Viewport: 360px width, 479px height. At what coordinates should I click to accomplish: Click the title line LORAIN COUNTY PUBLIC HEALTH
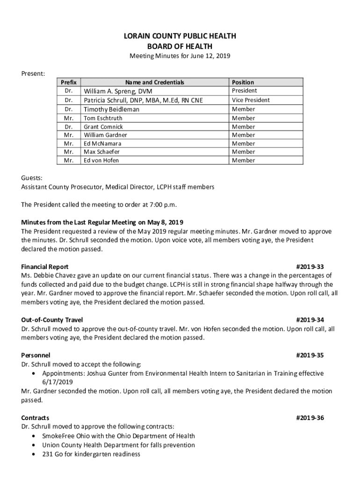[x=180, y=36]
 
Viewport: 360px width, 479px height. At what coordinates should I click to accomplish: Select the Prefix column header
[x=69, y=82]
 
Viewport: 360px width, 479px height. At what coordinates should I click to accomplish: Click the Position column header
[x=243, y=82]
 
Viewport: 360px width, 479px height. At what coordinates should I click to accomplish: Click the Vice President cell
[x=251, y=100]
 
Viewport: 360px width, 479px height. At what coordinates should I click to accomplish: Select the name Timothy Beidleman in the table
[x=111, y=109]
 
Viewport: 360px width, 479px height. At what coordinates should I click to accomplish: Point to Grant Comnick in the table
[x=103, y=127]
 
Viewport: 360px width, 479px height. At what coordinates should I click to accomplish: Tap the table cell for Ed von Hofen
[x=101, y=160]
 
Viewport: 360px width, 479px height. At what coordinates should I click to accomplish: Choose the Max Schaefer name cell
[x=101, y=152]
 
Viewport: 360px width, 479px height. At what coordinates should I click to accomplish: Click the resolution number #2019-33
[x=310, y=267]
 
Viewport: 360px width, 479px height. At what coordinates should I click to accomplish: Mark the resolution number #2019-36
[x=310, y=418]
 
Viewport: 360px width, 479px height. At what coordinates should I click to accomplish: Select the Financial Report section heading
[x=45, y=267]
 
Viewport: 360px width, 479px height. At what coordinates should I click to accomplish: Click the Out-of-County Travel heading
[x=52, y=320]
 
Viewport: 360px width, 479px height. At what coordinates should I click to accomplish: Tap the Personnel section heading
[x=36, y=356]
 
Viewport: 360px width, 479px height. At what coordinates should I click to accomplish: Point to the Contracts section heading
[x=35, y=418]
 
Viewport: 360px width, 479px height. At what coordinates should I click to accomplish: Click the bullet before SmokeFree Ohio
[x=36, y=436]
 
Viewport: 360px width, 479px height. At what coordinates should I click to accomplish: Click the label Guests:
[x=31, y=178]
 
